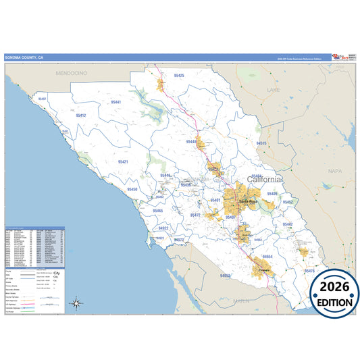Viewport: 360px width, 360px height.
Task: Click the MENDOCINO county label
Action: [72, 72]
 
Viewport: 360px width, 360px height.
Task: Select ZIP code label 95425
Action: [178, 76]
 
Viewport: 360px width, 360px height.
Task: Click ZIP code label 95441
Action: [116, 102]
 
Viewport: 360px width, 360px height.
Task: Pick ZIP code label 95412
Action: [81, 115]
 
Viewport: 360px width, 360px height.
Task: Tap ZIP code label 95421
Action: [123, 162]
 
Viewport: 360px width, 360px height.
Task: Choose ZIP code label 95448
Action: [192, 142]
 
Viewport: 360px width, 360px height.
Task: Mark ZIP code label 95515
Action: [262, 144]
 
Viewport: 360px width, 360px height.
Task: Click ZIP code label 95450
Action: [132, 190]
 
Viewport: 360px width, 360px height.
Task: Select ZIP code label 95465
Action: [157, 211]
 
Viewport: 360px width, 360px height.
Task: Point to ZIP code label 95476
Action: [309, 270]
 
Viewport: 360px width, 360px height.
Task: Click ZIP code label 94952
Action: [226, 276]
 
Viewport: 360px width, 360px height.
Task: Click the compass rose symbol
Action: [76, 303]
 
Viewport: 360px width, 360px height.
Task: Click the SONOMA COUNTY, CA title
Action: [25, 58]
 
